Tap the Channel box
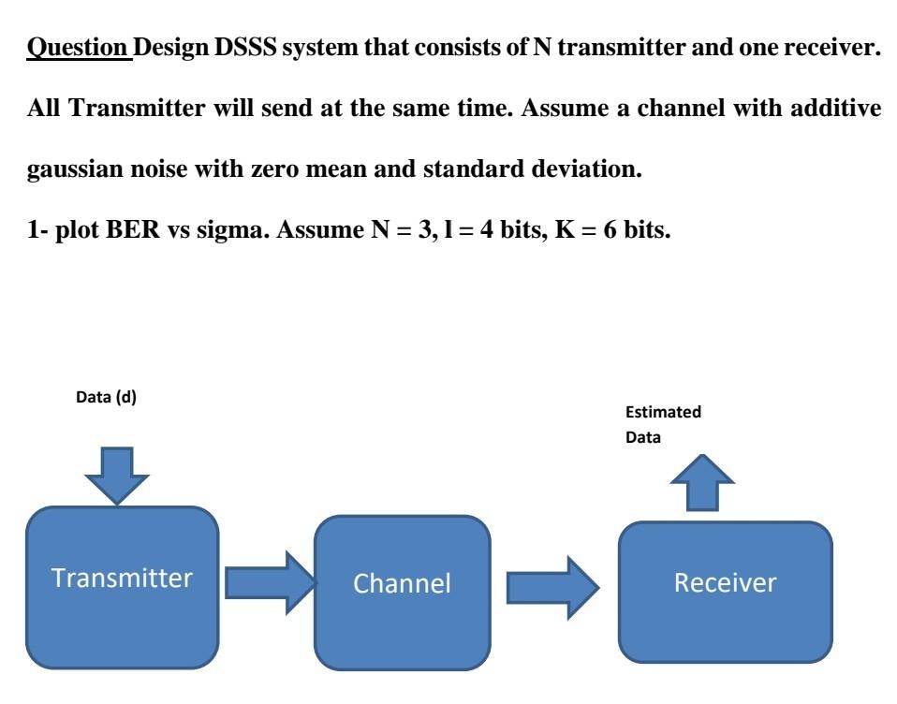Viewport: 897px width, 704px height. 402,589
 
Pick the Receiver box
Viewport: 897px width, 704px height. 725,591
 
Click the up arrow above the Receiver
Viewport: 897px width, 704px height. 696,481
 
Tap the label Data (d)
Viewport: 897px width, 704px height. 106,397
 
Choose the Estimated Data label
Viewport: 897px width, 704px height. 663,424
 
